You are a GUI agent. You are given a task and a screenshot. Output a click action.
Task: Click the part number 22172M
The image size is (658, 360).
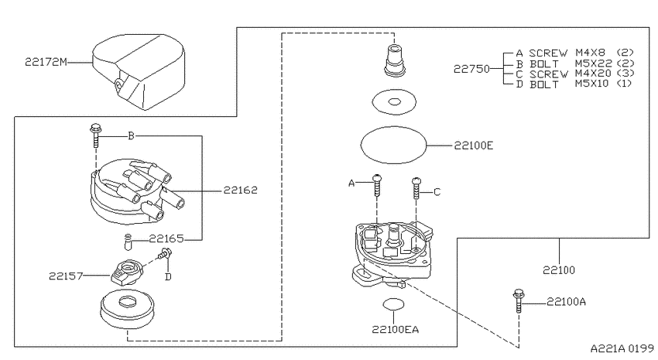pyautogui.click(x=46, y=62)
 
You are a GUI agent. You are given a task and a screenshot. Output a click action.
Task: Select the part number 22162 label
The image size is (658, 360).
pyautogui.click(x=240, y=190)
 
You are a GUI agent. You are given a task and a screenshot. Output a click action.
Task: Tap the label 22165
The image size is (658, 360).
pyautogui.click(x=166, y=238)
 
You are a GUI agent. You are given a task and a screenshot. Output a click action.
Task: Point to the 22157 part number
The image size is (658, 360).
pyautogui.click(x=66, y=276)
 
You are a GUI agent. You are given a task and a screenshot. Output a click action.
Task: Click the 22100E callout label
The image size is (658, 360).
pyautogui.click(x=474, y=146)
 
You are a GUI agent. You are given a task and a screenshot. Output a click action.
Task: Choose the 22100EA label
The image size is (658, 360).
pyautogui.click(x=396, y=329)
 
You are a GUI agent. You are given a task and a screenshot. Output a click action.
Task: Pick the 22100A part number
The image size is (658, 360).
pyautogui.click(x=566, y=302)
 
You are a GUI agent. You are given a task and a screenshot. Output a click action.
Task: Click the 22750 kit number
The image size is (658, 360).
pyautogui.click(x=471, y=68)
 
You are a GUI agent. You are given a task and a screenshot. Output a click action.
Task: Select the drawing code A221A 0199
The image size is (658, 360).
pyautogui.click(x=622, y=348)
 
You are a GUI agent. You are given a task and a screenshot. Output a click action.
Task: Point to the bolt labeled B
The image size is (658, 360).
pyautogui.click(x=95, y=135)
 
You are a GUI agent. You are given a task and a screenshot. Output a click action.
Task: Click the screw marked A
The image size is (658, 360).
pyautogui.click(x=377, y=185)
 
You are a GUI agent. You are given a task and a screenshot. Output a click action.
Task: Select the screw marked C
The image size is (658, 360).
pyautogui.click(x=416, y=187)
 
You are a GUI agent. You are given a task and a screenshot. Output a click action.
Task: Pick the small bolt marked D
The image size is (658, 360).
pyautogui.click(x=164, y=253)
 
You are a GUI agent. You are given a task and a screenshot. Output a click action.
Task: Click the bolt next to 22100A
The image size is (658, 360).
pyautogui.click(x=519, y=301)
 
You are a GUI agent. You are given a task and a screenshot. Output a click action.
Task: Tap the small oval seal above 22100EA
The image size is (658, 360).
pyautogui.click(x=393, y=304)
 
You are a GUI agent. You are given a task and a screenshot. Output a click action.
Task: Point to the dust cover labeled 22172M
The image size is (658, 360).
pyautogui.click(x=139, y=71)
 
